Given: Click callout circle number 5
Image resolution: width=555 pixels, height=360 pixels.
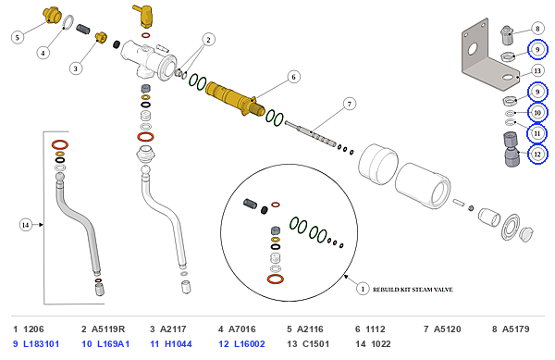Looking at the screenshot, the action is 18,37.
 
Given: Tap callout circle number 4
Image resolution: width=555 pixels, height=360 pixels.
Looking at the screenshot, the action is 43,53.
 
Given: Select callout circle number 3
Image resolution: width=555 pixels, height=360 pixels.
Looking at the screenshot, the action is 76,68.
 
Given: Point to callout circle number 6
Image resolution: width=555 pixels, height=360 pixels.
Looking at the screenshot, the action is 293,77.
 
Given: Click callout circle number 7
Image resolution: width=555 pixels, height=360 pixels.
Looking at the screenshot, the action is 350,104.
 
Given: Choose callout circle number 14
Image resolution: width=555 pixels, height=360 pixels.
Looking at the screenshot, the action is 26,225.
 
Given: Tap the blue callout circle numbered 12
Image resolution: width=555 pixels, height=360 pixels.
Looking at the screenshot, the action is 537,154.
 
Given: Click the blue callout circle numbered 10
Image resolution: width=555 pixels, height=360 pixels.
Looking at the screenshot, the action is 537,113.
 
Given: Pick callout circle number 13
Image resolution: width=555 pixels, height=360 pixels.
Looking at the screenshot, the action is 537,70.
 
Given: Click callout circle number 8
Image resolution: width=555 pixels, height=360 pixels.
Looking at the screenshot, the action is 537,29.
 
